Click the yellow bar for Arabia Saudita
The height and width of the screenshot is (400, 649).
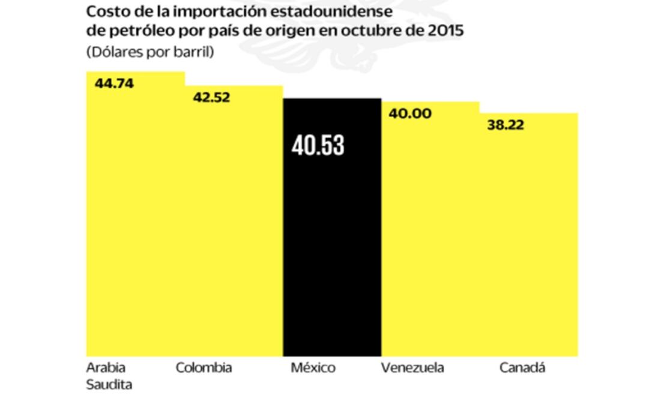coord(136,228)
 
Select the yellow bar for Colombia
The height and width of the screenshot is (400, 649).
coord(234,234)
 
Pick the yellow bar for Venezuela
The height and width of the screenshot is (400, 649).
coord(430,240)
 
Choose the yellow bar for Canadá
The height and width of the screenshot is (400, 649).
coord(528,246)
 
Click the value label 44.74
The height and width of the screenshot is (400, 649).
coord(114,83)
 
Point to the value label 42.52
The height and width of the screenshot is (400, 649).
coord(211,97)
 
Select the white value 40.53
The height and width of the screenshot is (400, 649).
coord(318,145)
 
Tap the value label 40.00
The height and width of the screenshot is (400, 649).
coord(410,114)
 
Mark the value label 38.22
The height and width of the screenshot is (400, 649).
coord(505,126)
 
